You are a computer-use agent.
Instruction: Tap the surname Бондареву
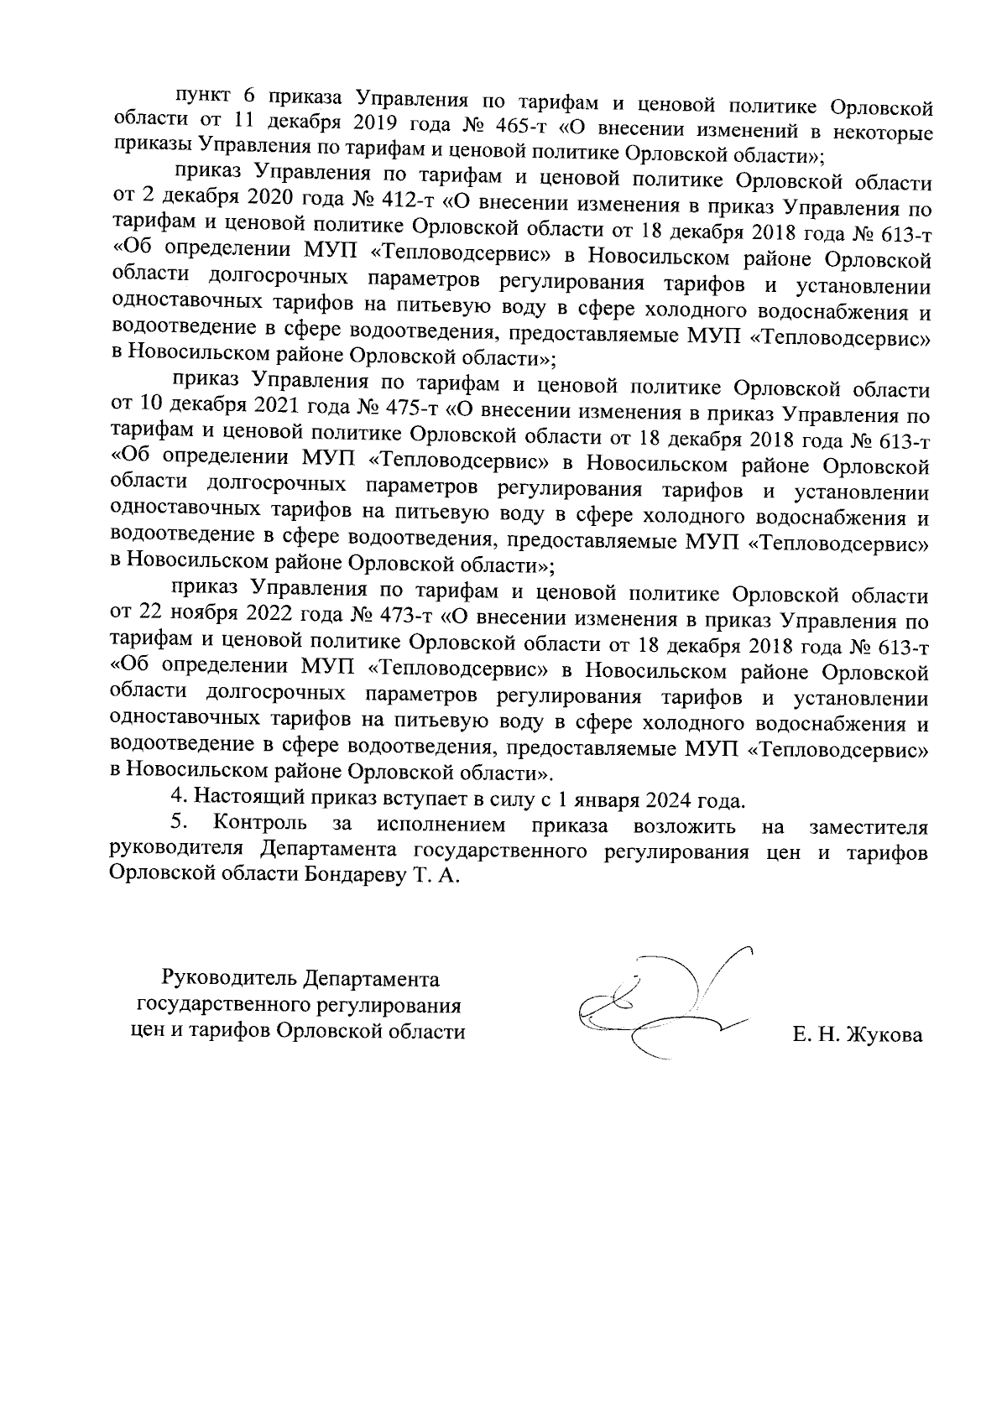click(353, 875)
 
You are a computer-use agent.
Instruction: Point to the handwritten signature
click(663, 1002)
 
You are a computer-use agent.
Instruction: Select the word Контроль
click(260, 824)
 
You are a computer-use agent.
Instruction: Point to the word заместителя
click(869, 826)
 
